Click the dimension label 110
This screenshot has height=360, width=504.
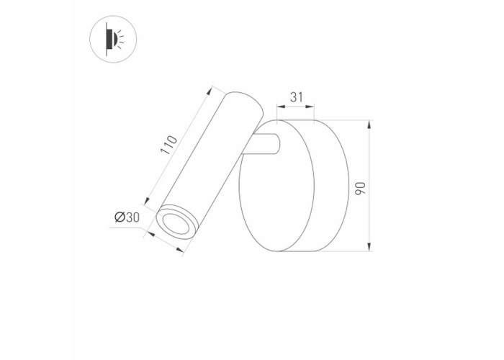[169, 145]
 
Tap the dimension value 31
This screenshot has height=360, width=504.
[297, 97]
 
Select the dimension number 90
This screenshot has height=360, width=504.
[360, 188]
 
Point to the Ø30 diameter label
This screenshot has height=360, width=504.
[127, 217]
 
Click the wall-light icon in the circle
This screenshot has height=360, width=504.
[113, 39]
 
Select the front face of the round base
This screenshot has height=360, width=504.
[276, 186]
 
